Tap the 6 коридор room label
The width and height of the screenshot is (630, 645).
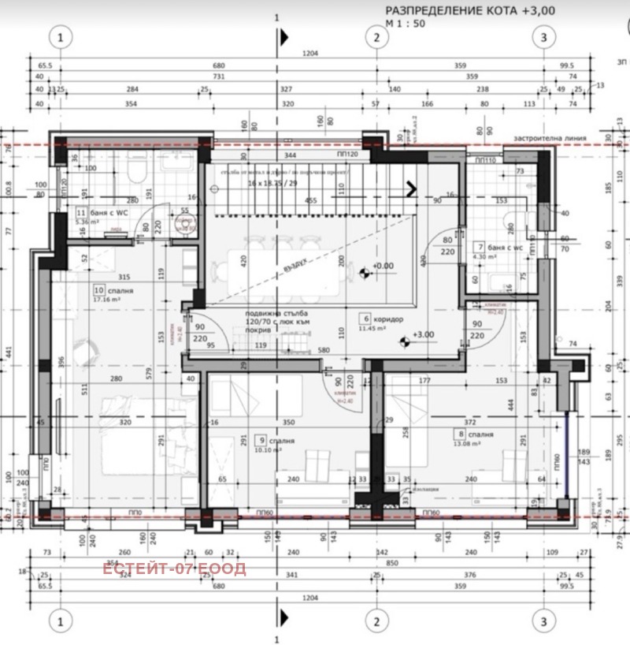pos(381,319)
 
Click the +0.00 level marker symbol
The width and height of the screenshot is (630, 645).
pos(364,274)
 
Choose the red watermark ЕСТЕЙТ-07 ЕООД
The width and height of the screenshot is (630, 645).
pos(174,568)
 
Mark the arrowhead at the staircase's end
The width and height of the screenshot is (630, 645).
pos(411,188)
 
